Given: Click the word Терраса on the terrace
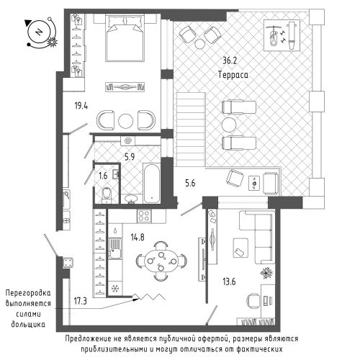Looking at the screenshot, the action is click(x=233, y=75).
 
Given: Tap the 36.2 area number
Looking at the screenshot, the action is click(x=230, y=60).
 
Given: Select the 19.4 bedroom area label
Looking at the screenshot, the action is click(x=81, y=106).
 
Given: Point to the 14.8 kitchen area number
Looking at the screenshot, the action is click(x=138, y=238).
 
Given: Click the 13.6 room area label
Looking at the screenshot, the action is click(x=229, y=282).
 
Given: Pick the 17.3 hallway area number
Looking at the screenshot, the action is click(x=80, y=301).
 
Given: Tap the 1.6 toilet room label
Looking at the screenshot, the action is click(x=103, y=176).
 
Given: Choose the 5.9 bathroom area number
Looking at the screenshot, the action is click(x=130, y=157).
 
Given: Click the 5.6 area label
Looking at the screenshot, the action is click(x=190, y=184).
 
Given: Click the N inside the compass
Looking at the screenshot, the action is click(x=39, y=32).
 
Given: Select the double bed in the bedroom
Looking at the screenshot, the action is click(x=125, y=38).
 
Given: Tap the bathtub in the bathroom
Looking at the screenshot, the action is click(x=152, y=183).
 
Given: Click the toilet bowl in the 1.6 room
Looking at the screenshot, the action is click(x=107, y=194).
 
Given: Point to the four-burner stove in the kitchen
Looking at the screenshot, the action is click(x=144, y=215).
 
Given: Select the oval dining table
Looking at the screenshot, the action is click(x=161, y=261).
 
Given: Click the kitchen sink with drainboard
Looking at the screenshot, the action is click(x=115, y=248).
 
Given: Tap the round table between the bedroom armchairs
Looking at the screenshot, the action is click(x=125, y=120).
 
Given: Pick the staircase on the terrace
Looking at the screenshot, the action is click(x=191, y=130).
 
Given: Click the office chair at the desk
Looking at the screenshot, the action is click(x=253, y=300).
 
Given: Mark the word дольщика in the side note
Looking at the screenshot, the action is click(x=28, y=324).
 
